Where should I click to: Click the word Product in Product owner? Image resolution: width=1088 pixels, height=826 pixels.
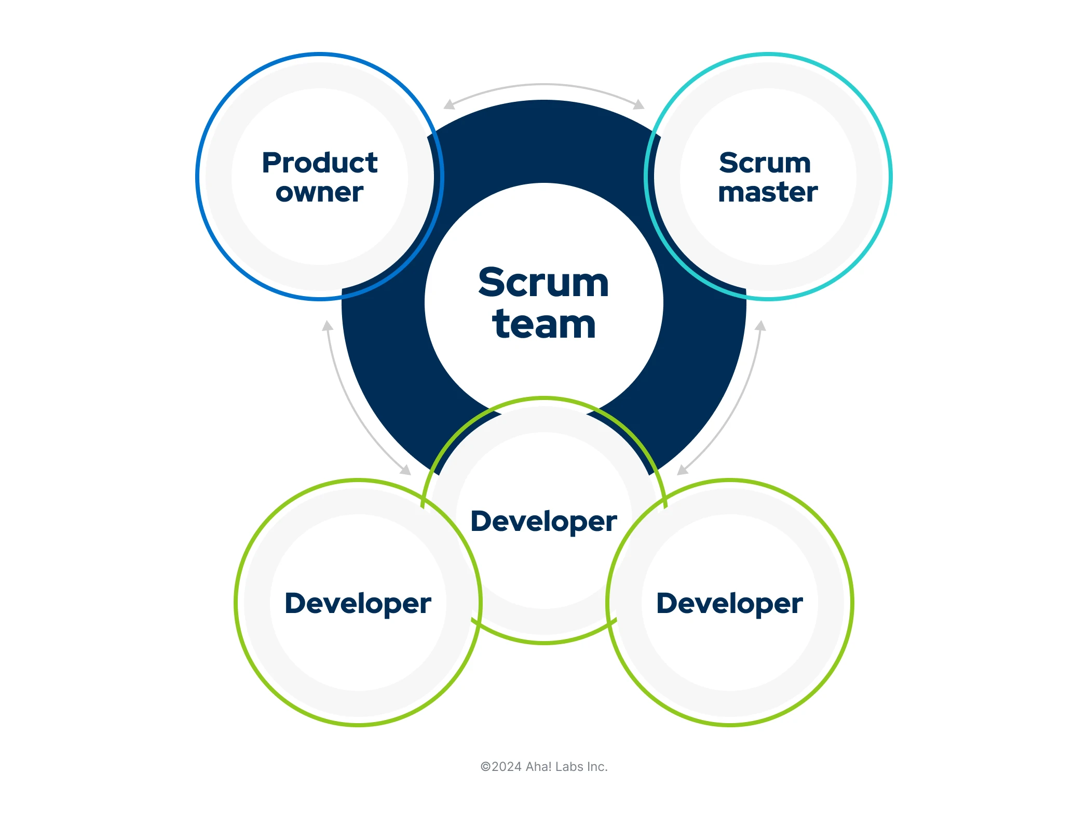(320, 163)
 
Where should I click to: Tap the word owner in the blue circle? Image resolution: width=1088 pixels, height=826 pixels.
(320, 193)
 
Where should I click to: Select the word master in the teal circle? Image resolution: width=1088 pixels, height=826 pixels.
(768, 192)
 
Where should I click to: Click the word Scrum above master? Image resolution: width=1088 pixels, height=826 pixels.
(765, 163)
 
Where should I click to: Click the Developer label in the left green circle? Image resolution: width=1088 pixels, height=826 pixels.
(358, 604)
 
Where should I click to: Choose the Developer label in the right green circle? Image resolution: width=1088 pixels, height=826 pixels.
(729, 604)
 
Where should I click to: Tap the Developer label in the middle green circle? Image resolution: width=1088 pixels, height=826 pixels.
(543, 522)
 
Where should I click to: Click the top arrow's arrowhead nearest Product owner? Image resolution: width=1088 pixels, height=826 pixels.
(449, 105)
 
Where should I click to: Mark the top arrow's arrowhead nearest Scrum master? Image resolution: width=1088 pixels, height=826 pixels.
(639, 105)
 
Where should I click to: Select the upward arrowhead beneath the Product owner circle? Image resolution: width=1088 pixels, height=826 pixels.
(328, 326)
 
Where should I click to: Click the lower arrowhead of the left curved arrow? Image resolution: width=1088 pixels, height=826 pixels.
(405, 470)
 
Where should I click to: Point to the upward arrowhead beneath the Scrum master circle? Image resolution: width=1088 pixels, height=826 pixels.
(760, 326)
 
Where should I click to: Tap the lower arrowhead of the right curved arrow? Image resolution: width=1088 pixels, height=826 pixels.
(683, 470)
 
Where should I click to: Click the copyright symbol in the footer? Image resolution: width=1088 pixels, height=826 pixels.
(485, 767)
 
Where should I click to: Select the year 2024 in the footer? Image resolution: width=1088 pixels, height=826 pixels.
(507, 767)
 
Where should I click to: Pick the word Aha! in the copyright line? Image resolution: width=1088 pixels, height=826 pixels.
(539, 767)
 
